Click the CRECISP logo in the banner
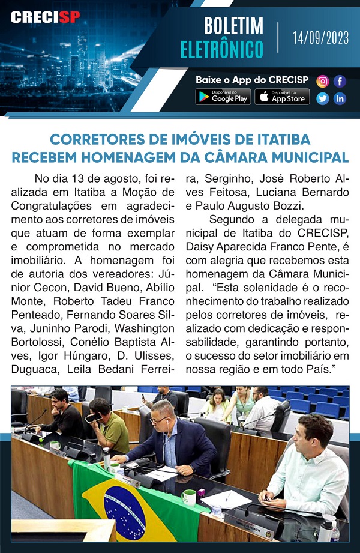[45, 17]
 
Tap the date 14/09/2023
[320, 38]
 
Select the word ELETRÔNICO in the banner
[222, 49]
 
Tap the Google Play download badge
[223, 97]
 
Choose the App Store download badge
[282, 97]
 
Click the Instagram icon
[323, 81]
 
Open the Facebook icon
[340, 81]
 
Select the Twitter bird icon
[323, 98]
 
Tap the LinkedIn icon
[340, 98]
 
